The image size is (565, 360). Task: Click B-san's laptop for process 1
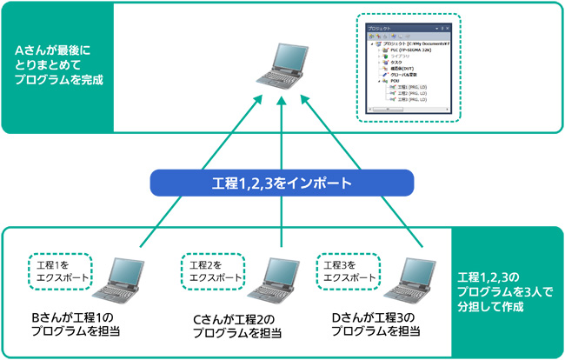123,276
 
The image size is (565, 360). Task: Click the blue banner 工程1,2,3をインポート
282,183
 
